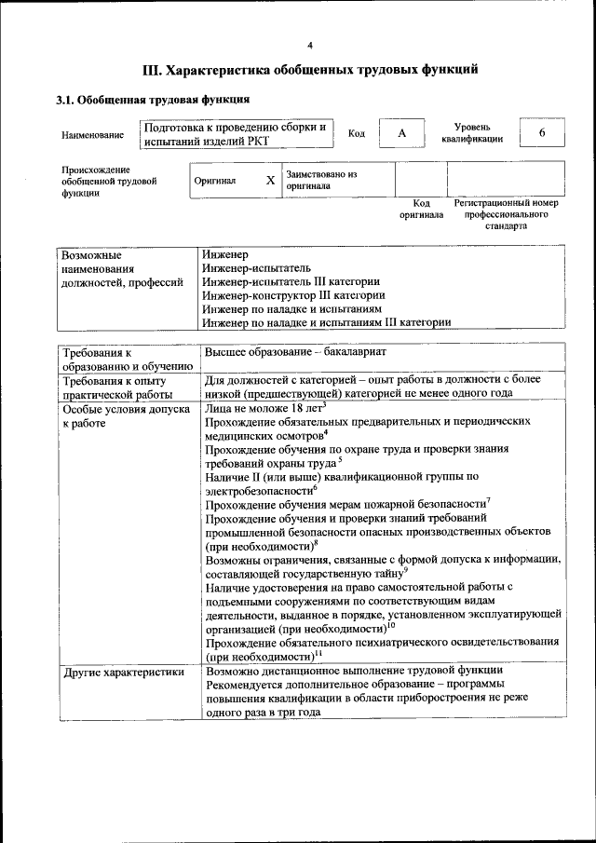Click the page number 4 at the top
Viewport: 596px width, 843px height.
point(310,45)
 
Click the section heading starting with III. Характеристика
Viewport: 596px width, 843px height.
point(310,70)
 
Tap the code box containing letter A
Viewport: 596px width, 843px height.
point(401,133)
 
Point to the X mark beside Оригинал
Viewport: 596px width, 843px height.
point(269,181)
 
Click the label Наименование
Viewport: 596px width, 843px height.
point(92,135)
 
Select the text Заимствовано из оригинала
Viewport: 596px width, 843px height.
point(322,180)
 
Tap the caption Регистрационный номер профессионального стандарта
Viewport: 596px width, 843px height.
point(506,213)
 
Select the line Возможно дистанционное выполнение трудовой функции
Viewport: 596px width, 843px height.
point(355,670)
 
